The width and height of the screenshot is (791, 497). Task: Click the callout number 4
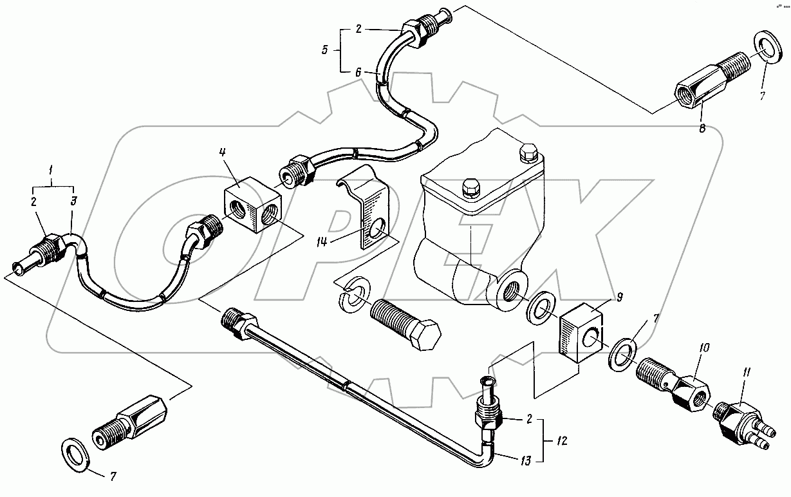click(x=221, y=153)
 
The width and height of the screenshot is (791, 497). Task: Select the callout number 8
click(x=702, y=128)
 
